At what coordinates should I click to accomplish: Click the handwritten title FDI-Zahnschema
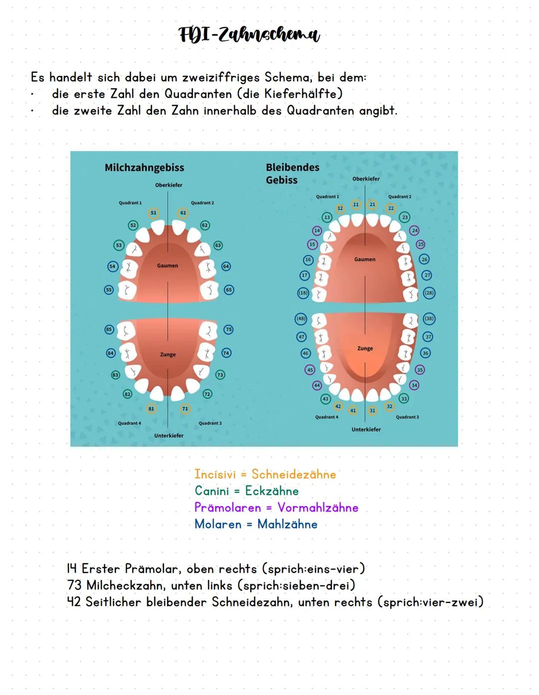(x=249, y=35)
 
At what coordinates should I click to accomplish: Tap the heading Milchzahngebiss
(x=144, y=168)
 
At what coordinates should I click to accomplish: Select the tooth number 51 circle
(x=153, y=213)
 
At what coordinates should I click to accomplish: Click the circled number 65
(x=229, y=290)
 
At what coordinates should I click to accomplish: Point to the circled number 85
(x=109, y=330)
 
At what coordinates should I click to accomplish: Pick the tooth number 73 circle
(x=220, y=374)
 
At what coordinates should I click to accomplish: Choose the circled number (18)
(x=303, y=293)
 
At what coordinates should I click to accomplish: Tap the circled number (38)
(x=429, y=319)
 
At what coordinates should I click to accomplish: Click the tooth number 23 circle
(x=405, y=217)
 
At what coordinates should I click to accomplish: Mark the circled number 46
(x=305, y=353)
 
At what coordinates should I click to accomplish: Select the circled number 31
(x=372, y=411)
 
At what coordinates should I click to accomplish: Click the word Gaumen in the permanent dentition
(x=365, y=259)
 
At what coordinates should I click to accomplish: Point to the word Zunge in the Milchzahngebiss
(x=168, y=354)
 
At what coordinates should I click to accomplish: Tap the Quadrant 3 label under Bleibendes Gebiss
(x=407, y=417)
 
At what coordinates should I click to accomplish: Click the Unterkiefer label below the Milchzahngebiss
(x=169, y=435)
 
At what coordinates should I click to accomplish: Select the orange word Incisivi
(x=215, y=474)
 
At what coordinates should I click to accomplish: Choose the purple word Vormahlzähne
(x=318, y=508)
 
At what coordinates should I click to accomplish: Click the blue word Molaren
(x=218, y=524)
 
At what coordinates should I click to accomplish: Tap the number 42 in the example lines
(x=74, y=602)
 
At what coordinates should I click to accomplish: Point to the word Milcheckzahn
(x=125, y=585)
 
